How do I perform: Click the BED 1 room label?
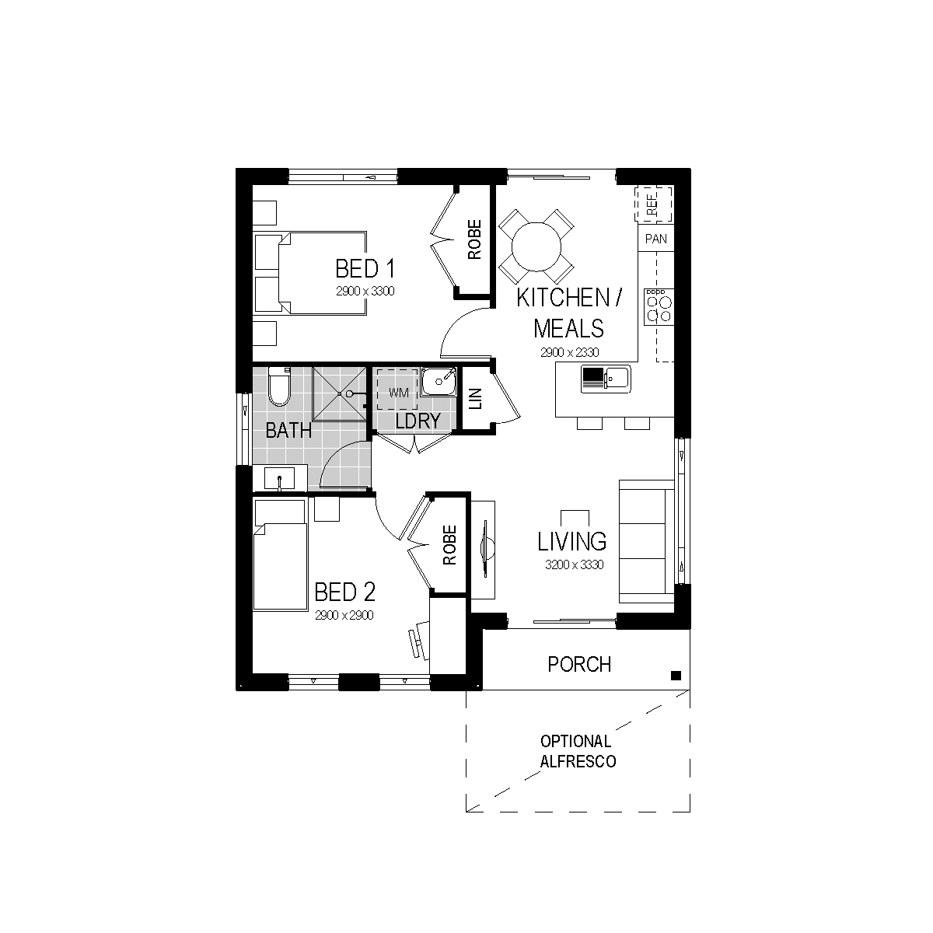(365, 269)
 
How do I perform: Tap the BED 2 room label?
(344, 592)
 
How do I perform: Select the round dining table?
(536, 246)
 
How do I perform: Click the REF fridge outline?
(653, 204)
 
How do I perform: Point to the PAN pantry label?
(656, 239)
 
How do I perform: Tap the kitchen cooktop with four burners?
(659, 307)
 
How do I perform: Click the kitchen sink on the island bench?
(606, 379)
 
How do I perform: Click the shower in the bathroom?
(340, 393)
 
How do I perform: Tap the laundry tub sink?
(439, 382)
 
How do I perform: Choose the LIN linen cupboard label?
(476, 399)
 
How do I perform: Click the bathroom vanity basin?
(279, 479)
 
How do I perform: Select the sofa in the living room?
(647, 541)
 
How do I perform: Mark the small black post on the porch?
(676, 676)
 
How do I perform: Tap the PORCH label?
(579, 664)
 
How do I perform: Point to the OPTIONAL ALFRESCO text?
(578, 751)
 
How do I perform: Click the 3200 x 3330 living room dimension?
(575, 564)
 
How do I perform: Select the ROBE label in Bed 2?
(449, 545)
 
